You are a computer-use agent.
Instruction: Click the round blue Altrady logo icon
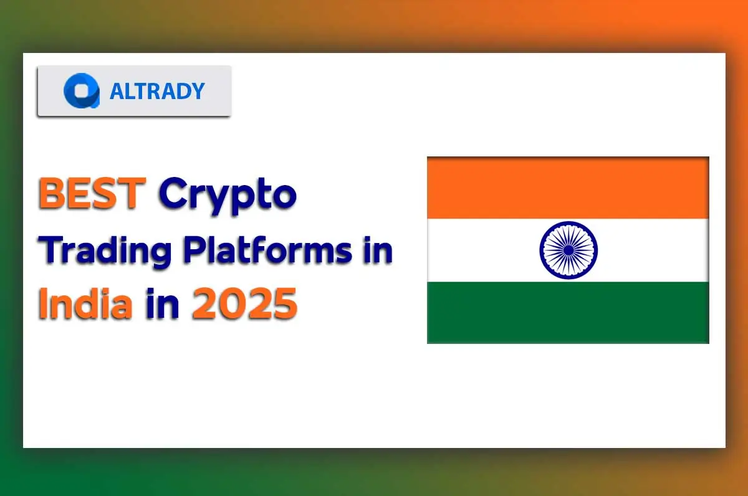click(81, 91)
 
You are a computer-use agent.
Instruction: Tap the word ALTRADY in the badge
click(157, 92)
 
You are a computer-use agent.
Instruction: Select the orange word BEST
click(92, 194)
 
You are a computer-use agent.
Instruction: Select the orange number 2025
click(244, 305)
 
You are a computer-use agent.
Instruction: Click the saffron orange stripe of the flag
click(568, 188)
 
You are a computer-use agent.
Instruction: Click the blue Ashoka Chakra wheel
click(568, 250)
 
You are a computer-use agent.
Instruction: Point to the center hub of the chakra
click(568, 250)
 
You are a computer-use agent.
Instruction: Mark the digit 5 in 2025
click(283, 305)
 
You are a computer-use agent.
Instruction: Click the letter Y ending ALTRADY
click(196, 92)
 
